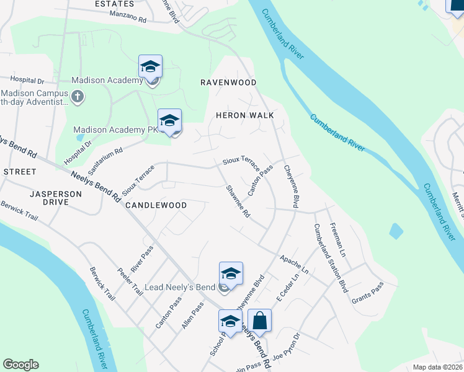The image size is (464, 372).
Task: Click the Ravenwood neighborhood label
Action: (228, 82)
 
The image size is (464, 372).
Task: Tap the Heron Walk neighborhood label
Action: (244, 115)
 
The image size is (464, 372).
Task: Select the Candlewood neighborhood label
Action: (156, 205)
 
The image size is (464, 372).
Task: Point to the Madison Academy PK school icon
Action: (169, 122)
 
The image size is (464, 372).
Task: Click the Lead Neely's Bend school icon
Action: (230, 274)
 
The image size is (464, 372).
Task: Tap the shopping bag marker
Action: (260, 321)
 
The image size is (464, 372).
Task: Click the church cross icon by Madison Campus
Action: (78, 96)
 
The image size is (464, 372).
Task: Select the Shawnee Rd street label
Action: (238, 201)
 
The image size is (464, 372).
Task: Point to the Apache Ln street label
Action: (293, 263)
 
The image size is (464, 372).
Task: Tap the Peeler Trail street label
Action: (130, 281)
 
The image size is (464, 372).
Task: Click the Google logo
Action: (20, 365)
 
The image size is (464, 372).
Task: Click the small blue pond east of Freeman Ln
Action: (396, 231)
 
